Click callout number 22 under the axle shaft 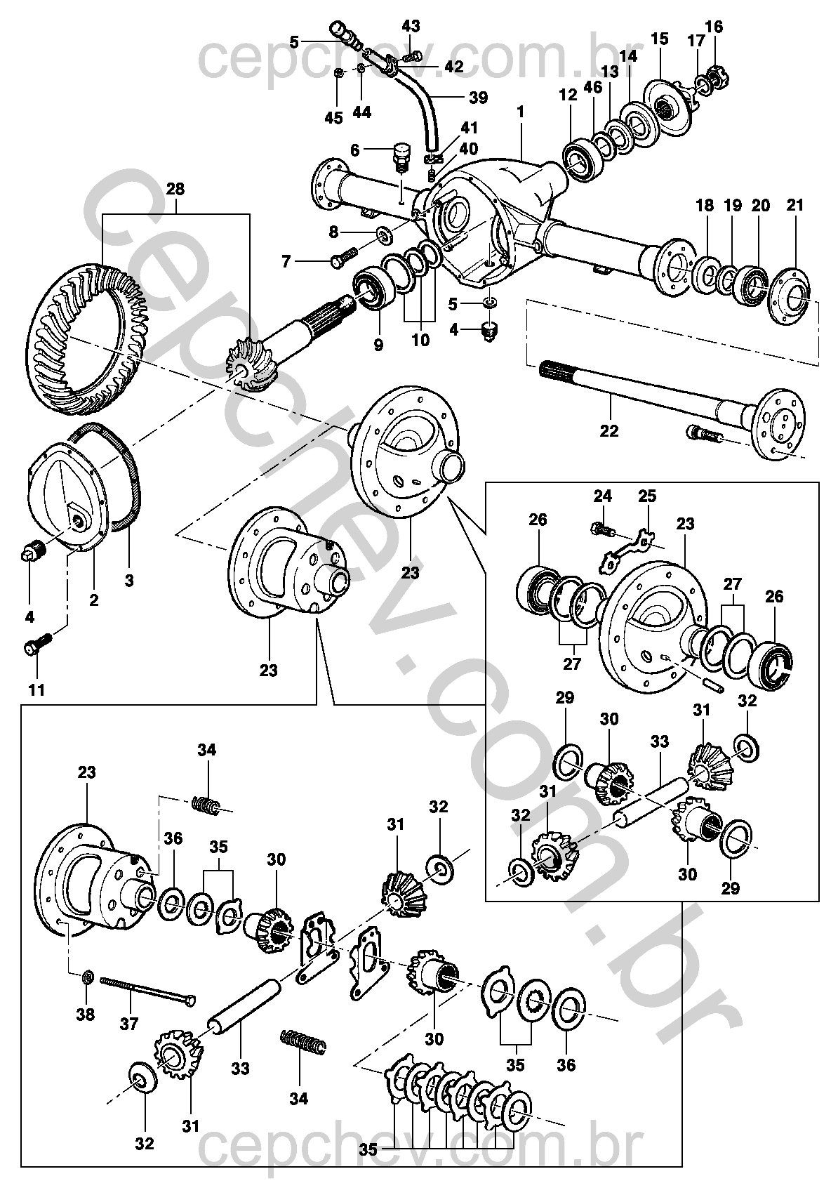[608, 430]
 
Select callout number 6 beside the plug [355, 150]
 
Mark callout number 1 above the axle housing [520, 112]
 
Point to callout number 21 [794, 205]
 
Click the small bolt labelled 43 [412, 55]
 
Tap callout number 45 [334, 117]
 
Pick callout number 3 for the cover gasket [129, 580]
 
